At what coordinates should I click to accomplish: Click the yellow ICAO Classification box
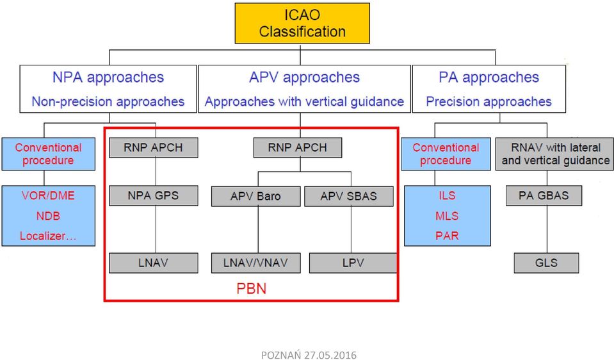coord(302,23)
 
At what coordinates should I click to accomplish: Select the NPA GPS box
coord(153,195)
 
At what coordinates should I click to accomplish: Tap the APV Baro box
coord(255,196)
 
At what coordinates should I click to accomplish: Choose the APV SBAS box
coord(348,196)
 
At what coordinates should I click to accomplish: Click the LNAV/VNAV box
coord(255,263)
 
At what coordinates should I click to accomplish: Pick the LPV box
coord(353,263)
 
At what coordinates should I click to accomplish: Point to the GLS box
coord(546,263)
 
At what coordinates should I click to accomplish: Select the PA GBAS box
coord(544,195)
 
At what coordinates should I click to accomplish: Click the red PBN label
coord(252,289)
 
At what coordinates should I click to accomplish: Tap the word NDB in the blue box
coord(48,216)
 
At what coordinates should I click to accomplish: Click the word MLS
coord(447,216)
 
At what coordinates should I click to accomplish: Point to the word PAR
coord(447,236)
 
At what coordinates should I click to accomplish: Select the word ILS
coord(447,195)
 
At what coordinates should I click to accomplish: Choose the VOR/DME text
coord(48,195)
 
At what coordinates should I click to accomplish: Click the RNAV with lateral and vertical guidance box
coord(554,154)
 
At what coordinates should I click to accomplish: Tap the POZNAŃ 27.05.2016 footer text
coord(309,355)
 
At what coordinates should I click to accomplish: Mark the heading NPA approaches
coord(108,78)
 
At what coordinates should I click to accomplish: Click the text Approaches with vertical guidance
coord(304,102)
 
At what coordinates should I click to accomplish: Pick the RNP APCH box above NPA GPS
coord(153,148)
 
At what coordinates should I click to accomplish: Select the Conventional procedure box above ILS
coord(446,154)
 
